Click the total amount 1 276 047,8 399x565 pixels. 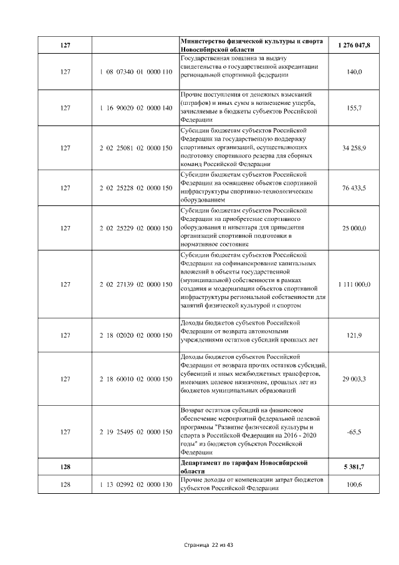tap(354, 46)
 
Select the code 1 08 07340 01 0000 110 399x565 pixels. tap(135, 73)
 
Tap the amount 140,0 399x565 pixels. tap(354, 73)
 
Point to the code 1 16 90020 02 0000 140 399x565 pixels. tap(135, 108)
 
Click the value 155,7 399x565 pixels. tap(354, 108)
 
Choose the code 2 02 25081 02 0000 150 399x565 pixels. tap(135, 147)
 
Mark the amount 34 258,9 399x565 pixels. tap(354, 147)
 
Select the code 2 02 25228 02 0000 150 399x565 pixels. tap(135, 187)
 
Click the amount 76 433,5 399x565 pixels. tap(354, 187)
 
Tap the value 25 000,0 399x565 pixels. tap(354, 228)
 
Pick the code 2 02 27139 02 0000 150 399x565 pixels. tap(135, 285)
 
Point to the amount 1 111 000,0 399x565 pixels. tap(354, 285)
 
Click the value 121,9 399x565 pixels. tap(354, 335)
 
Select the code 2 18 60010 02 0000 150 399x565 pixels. tap(135, 379)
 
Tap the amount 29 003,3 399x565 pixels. tap(354, 379)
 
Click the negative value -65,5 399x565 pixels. tap(354, 431)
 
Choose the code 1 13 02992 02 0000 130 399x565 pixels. tap(135, 484)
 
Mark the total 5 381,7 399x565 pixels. tap(354, 466)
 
